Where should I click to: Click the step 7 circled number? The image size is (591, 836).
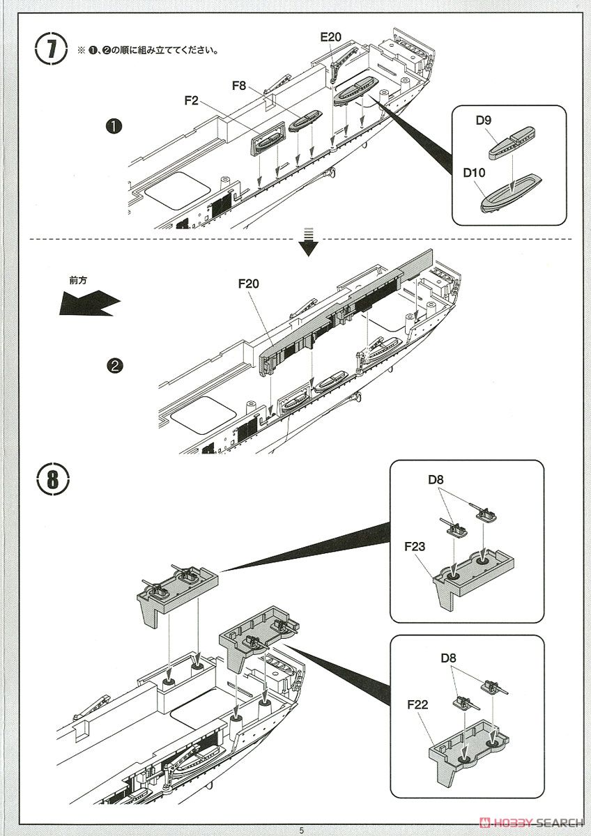[x=52, y=50]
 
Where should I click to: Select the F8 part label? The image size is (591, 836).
[x=240, y=86]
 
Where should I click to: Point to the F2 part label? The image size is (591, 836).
[x=192, y=101]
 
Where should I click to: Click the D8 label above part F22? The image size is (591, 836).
[x=450, y=657]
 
